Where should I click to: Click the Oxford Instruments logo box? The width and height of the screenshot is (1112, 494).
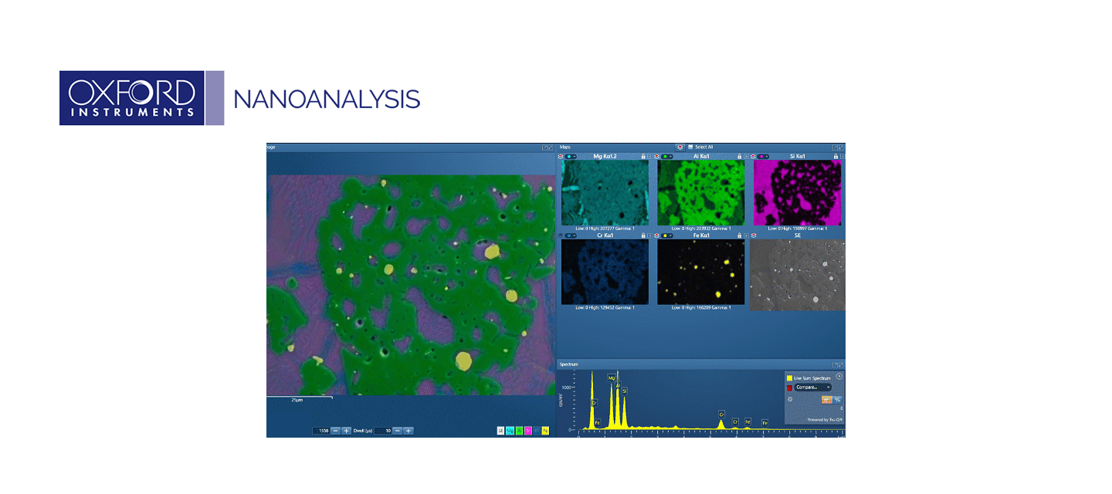(131, 98)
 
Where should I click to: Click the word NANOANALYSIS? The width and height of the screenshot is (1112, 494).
(327, 99)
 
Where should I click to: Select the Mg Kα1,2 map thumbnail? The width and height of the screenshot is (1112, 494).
(605, 193)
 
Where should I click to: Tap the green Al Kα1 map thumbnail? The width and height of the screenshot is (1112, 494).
(700, 193)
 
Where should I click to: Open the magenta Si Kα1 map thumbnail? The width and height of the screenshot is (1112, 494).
(796, 193)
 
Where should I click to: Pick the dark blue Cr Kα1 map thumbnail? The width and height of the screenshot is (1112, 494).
(605, 272)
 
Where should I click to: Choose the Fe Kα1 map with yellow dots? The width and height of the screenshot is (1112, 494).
(700, 272)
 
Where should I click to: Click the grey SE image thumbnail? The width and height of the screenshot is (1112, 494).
(796, 272)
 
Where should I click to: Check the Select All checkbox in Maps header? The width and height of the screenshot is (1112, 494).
(691, 147)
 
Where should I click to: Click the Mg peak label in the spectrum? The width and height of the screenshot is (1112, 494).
(612, 378)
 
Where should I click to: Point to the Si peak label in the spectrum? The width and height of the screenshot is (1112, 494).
(625, 391)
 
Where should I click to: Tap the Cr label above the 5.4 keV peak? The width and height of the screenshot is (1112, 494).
(721, 414)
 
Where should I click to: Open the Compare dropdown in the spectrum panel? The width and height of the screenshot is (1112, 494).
(812, 387)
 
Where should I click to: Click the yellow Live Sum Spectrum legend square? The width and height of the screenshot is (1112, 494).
(789, 378)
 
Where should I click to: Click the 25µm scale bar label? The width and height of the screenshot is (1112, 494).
(297, 401)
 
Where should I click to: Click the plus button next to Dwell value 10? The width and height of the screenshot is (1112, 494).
(409, 431)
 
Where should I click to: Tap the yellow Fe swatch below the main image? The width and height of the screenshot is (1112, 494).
(545, 431)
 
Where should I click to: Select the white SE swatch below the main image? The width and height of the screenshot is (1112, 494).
(501, 431)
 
